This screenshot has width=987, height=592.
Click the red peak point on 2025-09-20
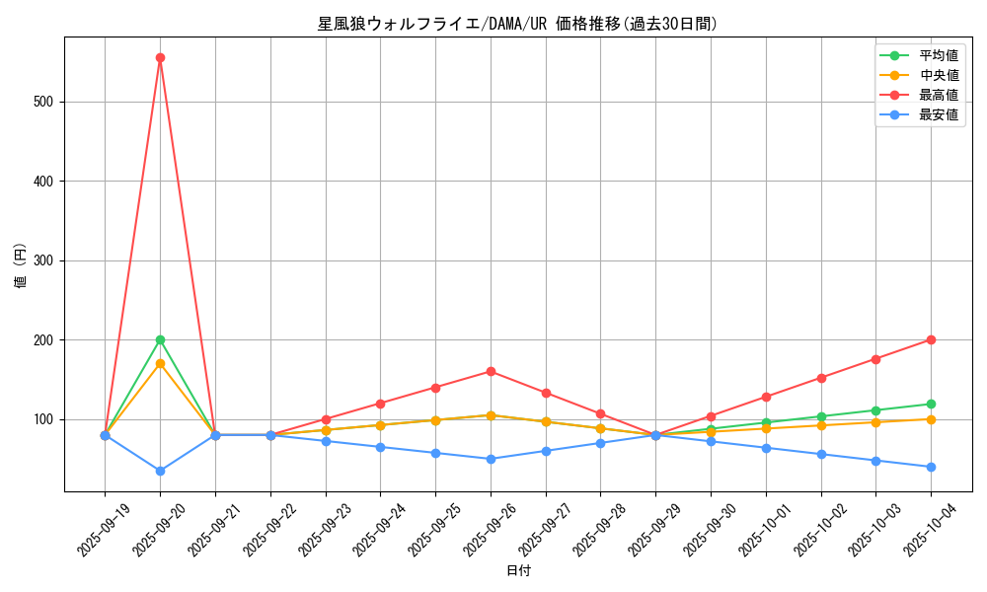(160, 57)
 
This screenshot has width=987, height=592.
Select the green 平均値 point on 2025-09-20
(160, 339)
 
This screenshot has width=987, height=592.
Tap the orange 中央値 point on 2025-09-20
(160, 363)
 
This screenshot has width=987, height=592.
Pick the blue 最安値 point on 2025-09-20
(160, 471)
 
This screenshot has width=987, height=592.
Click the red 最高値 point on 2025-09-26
(491, 371)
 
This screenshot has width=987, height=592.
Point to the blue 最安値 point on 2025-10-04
(931, 467)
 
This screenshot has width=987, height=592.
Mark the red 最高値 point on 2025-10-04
(931, 339)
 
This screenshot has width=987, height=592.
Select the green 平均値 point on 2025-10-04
(931, 404)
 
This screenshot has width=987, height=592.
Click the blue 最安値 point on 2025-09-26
(491, 459)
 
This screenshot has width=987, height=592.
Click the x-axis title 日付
(518, 570)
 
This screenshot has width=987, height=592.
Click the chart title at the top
(518, 24)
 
